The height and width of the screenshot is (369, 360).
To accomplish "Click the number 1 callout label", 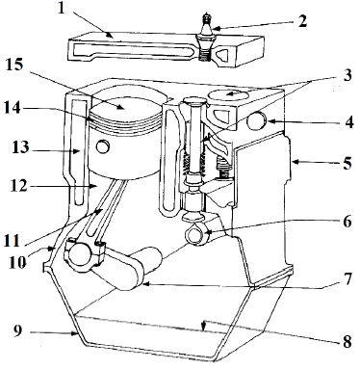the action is [61, 9].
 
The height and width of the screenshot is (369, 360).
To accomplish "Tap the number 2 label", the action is [302, 21].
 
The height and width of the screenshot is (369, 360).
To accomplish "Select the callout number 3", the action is [347, 75].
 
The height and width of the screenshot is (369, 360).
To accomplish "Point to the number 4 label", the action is [349, 122].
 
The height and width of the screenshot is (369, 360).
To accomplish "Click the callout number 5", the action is [347, 163].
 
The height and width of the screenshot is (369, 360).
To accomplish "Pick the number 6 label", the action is [347, 222].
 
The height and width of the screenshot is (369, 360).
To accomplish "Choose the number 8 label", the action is [347, 342].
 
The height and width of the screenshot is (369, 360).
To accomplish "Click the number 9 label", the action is [18, 330].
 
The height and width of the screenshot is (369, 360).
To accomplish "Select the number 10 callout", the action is [18, 262].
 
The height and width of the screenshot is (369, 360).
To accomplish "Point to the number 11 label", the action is [13, 241].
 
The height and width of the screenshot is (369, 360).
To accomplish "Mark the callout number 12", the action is [19, 186].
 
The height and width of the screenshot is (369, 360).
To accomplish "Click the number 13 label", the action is [20, 148].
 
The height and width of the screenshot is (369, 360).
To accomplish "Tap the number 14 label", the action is [13, 108].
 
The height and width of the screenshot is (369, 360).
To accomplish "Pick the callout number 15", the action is [14, 66].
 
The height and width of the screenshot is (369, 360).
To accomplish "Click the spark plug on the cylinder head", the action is [205, 37].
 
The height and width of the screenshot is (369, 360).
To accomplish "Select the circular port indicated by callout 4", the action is [257, 121].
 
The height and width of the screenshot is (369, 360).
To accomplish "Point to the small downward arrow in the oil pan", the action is [203, 326].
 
